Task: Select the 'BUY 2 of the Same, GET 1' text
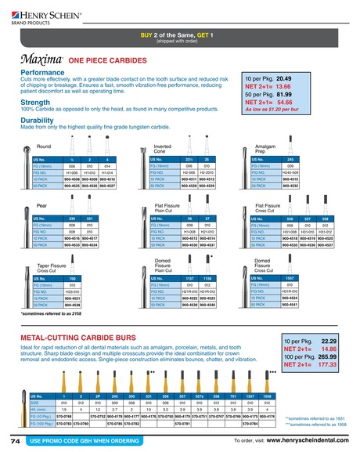point(179,36)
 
